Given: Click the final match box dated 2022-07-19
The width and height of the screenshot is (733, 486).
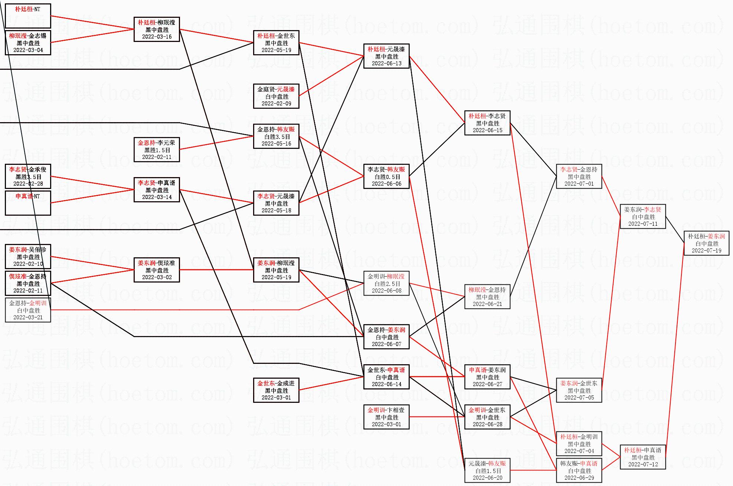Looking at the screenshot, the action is tap(706, 243).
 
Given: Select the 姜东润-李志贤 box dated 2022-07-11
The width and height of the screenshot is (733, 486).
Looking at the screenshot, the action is tap(643, 216).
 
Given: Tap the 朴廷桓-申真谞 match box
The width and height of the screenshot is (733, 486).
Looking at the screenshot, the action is tap(643, 457).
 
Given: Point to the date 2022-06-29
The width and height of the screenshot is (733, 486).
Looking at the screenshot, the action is tap(579, 478).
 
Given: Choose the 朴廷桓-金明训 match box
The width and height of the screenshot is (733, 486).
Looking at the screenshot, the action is tap(579, 444).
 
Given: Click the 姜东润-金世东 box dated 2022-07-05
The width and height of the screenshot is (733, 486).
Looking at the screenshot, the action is tap(579, 390).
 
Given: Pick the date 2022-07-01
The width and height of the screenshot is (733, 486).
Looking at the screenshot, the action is tap(579, 184).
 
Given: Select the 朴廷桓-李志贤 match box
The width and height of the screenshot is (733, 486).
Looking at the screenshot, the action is tap(487, 123).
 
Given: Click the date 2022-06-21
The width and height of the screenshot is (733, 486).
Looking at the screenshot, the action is tap(487, 304).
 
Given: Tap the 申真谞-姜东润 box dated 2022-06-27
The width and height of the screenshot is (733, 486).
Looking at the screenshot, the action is tap(487, 377).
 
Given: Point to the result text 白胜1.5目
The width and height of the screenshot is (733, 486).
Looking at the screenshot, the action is tap(487, 471).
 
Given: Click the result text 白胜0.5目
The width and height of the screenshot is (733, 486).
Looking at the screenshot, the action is tap(386, 177).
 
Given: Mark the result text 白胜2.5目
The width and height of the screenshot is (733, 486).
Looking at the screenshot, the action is tap(386, 284).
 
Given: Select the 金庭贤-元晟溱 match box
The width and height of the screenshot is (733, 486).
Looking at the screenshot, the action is tap(276, 96).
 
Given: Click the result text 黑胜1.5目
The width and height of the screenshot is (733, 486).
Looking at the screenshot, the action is tap(157, 150).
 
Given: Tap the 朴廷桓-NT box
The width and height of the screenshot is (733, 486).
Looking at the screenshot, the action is tap(28, 16).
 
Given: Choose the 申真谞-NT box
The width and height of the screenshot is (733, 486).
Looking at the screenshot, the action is tap(28, 203).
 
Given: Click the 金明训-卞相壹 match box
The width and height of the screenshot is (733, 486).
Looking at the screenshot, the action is tap(386, 417).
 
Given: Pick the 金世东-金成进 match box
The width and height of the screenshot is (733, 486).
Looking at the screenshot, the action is tap(276, 390).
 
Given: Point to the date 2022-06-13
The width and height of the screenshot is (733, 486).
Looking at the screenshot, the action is tap(386, 63).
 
